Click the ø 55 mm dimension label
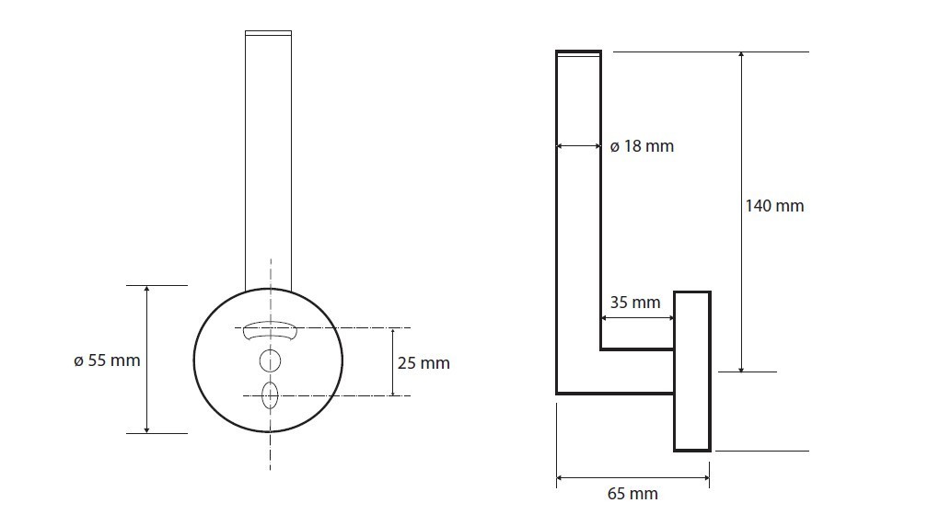tap(108, 360)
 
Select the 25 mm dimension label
tap(423, 363)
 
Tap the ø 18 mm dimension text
tap(642, 146)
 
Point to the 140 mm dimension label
tap(774, 205)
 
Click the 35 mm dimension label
tap(635, 302)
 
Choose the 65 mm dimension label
tap(632, 494)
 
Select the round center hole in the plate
tap(270, 360)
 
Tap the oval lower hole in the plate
tap(270, 395)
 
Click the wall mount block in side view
tap(692, 371)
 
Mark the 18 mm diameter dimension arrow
tap(578, 145)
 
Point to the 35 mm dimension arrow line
tap(637, 318)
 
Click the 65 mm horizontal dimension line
tap(632, 476)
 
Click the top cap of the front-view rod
tap(268, 34)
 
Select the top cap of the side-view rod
tap(578, 55)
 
